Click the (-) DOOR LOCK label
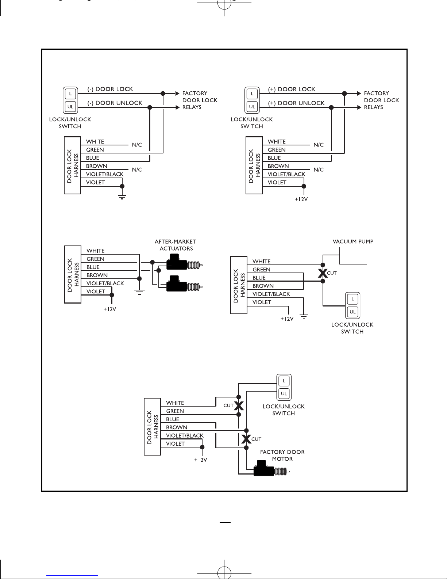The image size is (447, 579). click(110, 89)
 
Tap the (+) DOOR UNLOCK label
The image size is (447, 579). click(296, 103)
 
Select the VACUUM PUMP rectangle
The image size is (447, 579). click(353, 256)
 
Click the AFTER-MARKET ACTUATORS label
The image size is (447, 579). click(176, 245)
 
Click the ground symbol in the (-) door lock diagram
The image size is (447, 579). click(122, 197)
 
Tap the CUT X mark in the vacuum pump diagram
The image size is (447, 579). click(323, 273)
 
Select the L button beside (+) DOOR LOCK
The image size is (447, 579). click(252, 94)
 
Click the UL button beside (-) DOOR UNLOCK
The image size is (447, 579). click(70, 107)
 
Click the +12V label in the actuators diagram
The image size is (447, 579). click(110, 309)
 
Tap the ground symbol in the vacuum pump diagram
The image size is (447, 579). click(304, 316)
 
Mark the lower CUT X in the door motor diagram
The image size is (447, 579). click(246, 439)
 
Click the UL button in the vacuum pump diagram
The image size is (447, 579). click(352, 312)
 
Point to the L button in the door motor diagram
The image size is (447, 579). click(284, 381)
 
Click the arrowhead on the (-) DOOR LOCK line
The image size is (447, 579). click(177, 93)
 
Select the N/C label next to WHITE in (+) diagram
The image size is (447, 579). click(319, 145)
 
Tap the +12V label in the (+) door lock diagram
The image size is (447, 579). click(301, 199)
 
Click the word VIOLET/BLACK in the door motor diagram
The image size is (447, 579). click(185, 435)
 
